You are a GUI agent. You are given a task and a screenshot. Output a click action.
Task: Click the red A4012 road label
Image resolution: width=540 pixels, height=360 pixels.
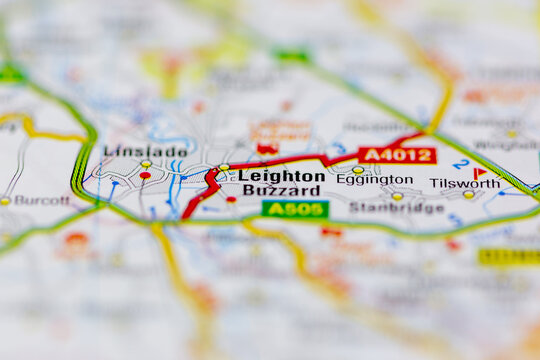tap(398, 155)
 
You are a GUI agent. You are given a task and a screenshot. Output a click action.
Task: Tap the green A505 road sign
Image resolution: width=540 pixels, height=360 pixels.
tap(295, 208)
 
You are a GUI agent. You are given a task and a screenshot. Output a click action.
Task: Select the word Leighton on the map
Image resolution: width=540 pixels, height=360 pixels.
tap(281, 175)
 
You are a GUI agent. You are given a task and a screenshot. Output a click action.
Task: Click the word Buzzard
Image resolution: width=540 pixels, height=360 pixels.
tap(281, 189)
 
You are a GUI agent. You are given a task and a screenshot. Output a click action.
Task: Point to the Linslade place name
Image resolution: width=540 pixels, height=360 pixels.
tap(144, 151)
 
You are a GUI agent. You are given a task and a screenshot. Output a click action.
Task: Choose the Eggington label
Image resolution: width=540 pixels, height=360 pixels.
tap(374, 180)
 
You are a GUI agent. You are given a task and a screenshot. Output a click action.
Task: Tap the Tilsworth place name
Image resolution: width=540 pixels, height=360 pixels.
tap(464, 183)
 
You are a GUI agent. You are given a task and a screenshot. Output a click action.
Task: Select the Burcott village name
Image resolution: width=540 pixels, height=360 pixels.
tap(42, 200)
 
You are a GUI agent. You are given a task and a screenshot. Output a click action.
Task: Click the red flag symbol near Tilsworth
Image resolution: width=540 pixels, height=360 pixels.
tap(479, 172)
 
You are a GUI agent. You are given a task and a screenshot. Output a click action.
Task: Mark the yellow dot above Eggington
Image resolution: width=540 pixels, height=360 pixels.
tap(358, 170)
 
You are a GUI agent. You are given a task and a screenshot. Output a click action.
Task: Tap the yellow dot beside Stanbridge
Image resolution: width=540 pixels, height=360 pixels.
tap(397, 196)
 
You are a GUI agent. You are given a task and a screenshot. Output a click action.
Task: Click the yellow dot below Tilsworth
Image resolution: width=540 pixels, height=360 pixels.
tap(469, 194)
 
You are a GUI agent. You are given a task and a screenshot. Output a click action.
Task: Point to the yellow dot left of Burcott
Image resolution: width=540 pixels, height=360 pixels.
tap(5, 201)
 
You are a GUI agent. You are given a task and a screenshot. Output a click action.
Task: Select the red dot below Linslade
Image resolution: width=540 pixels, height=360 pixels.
tap(145, 175)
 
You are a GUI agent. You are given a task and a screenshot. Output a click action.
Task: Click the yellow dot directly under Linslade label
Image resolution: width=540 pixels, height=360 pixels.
tap(146, 163)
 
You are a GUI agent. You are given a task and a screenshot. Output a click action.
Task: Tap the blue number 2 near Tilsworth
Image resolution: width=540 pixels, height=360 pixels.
tap(461, 164)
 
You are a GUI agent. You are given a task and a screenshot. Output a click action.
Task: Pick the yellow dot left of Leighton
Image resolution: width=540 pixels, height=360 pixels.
tap(224, 167)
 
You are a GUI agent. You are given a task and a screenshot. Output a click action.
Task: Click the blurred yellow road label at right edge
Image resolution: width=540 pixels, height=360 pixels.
tap(508, 257)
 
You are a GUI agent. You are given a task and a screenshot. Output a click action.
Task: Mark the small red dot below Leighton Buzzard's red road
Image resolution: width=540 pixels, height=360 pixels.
tap(231, 199)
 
